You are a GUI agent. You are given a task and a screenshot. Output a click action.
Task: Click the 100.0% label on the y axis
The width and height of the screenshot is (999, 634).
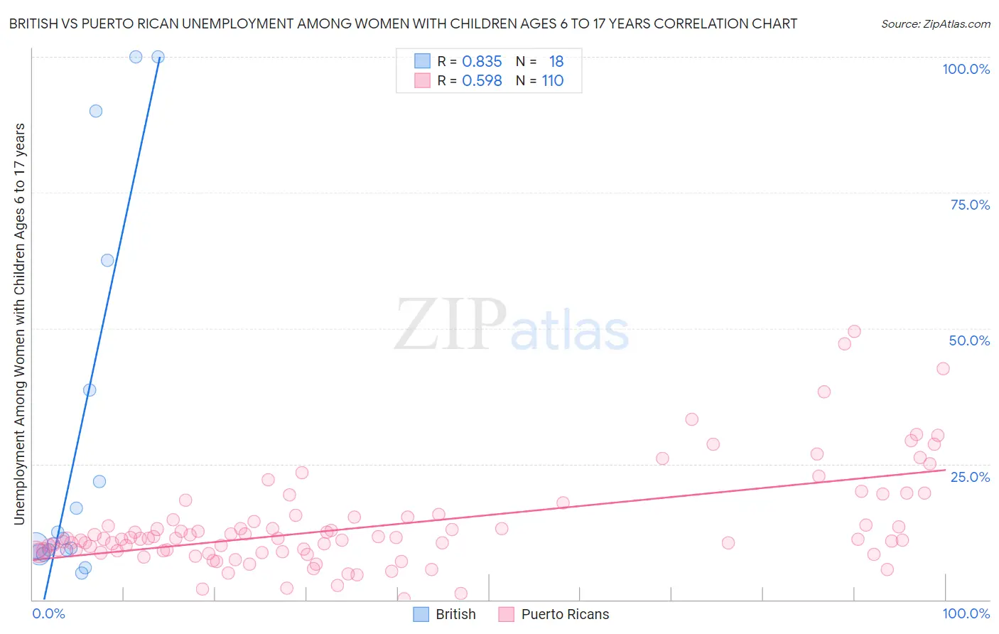click(966, 69)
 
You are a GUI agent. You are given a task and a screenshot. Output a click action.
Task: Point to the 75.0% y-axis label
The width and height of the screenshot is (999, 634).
click(970, 205)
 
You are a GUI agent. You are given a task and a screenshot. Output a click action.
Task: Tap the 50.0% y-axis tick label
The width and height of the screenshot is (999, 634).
click(969, 340)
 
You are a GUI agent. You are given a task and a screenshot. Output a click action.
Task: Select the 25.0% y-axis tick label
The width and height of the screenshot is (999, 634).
click(970, 476)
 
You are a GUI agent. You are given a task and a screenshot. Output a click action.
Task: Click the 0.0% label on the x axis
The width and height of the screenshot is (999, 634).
click(48, 613)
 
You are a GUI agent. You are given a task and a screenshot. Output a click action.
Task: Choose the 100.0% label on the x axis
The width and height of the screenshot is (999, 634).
click(966, 613)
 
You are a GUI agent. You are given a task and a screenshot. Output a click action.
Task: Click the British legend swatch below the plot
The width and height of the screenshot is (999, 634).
click(421, 614)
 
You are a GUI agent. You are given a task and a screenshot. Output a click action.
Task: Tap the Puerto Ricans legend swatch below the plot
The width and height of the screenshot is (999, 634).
click(506, 614)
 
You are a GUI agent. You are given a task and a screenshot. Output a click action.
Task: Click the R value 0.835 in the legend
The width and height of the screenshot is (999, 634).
click(482, 62)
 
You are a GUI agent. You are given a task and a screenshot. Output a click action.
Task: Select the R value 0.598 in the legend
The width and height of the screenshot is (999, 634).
click(482, 81)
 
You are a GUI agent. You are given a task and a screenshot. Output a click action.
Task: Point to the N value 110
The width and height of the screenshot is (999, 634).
click(553, 81)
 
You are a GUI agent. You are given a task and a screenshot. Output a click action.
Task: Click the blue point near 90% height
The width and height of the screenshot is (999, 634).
click(96, 111)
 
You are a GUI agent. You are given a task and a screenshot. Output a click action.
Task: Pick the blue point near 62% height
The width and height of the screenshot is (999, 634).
click(107, 260)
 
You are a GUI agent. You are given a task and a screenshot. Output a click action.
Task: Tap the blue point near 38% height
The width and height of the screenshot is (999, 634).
click(90, 390)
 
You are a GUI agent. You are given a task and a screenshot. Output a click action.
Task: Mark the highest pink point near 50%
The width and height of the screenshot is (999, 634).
click(854, 331)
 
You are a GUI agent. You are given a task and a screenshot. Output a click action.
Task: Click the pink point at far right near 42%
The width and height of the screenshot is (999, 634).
click(943, 368)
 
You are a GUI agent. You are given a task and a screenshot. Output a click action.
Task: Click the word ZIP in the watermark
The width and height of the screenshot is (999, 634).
click(450, 326)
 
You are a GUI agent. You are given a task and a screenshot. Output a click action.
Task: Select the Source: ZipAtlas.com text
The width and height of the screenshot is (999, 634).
click(935, 24)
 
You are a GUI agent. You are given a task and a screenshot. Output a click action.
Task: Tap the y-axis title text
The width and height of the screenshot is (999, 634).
click(19, 323)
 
